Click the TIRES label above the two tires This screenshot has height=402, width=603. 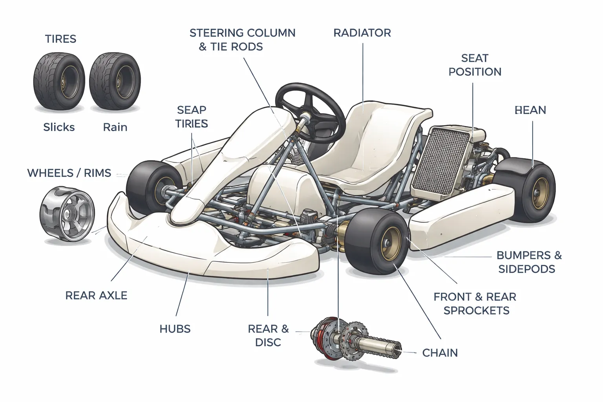tap(60, 39)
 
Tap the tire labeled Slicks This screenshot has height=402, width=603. tap(59, 81)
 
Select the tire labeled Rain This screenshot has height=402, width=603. tap(115, 81)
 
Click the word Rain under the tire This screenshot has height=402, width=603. tap(115, 127)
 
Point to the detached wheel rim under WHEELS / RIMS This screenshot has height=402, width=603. tap(68, 214)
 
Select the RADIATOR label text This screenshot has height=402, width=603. tap(362, 33)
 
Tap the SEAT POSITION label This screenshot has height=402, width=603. tap(475, 65)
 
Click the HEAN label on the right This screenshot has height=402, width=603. tap(530, 110)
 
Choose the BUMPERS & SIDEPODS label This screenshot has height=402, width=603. tap(528, 262)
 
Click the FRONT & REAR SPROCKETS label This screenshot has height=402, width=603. tap(475, 303)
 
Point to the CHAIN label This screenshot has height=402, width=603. tap(440, 353)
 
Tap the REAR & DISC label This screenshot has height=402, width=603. tap(268, 335)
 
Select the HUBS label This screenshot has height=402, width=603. tap(175, 329)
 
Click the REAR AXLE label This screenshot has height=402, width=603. tap(96, 296)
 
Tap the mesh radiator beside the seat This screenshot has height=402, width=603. tap(441, 161)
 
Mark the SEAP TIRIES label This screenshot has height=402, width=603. tap(192, 117)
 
